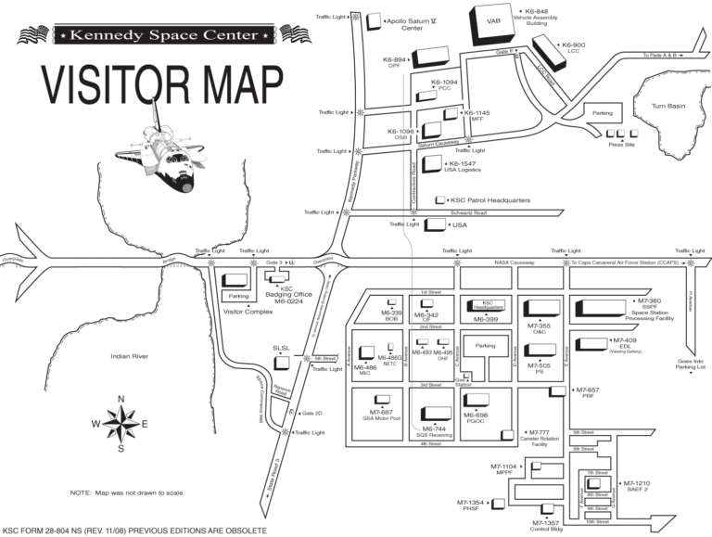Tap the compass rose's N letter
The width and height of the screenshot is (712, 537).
click(121, 400)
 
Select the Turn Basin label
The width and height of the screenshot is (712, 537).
click(667, 107)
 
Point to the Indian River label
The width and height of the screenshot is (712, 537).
click(129, 356)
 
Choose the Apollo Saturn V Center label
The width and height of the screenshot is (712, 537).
click(412, 23)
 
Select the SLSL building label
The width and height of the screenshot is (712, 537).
click(281, 348)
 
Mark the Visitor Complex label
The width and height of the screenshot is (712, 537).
click(248, 312)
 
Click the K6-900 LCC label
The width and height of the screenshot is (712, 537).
click(572, 47)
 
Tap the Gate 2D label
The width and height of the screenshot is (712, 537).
click(311, 414)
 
